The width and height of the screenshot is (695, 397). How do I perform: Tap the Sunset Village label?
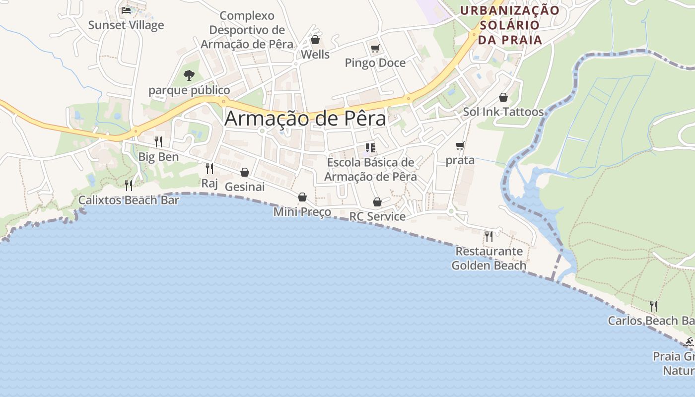tap(126, 25)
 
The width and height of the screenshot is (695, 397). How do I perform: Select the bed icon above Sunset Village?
tap(126, 10)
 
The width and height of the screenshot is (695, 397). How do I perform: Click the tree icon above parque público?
tap(189, 75)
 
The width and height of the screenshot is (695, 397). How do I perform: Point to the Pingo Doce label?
tap(375, 63)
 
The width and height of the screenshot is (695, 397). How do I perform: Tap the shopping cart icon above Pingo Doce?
tap(375, 48)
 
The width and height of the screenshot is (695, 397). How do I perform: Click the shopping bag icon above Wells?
tap(315, 40)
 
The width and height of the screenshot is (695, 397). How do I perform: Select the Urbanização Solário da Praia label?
tap(509, 24)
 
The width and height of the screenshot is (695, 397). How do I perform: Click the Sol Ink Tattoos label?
tap(503, 112)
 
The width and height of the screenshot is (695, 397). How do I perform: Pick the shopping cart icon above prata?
tap(460, 146)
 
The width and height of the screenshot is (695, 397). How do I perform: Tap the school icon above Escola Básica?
tap(370, 148)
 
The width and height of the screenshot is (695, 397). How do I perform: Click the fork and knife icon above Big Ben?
tap(158, 142)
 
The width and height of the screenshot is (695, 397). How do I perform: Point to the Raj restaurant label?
tap(209, 184)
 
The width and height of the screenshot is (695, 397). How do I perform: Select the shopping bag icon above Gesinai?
tap(245, 172)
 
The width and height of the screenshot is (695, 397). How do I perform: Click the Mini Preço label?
tap(302, 212)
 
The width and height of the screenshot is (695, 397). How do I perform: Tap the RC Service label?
tap(377, 217)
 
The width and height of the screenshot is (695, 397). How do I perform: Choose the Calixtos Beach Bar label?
tap(129, 200)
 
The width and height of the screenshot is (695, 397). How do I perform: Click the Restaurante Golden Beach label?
tap(489, 258)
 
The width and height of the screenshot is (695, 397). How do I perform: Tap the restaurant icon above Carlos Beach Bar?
tap(654, 306)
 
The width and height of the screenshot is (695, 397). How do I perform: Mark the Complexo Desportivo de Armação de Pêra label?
tap(247, 30)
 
